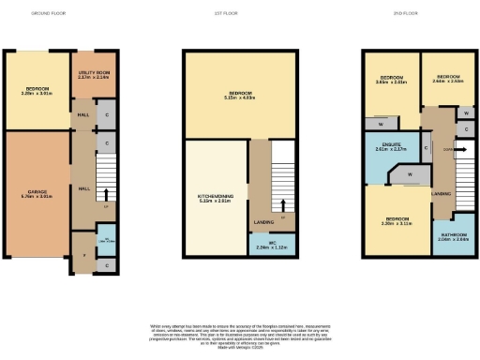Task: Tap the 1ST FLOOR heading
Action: click(240, 14)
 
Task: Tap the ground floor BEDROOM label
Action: click(37, 89)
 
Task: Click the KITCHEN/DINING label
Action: click(216, 195)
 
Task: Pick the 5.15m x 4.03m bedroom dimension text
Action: click(240, 98)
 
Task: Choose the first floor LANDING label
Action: click(263, 222)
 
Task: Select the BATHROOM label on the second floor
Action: click(453, 235)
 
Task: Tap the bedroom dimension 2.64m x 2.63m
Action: click(447, 81)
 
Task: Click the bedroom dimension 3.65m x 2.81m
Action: click(391, 82)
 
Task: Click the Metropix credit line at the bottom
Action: click(240, 346)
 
